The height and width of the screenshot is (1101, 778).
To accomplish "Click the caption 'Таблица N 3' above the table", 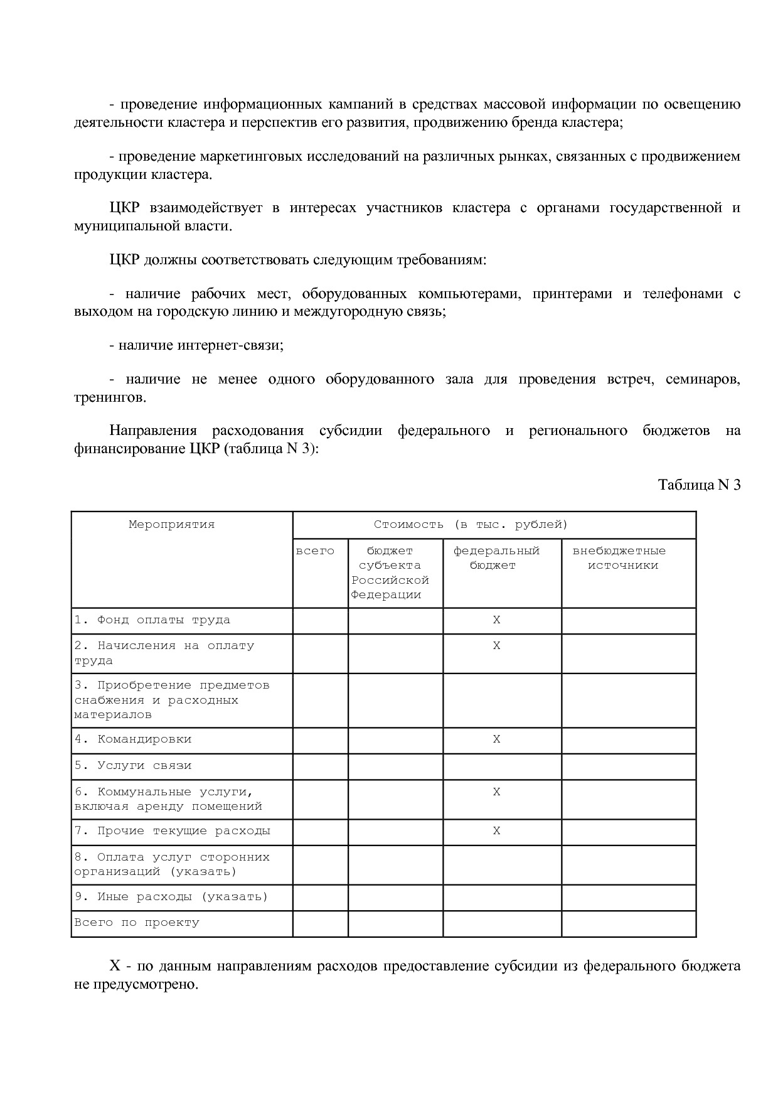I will tap(699, 485).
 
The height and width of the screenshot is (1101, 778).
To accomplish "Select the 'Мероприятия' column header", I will tap(171, 525).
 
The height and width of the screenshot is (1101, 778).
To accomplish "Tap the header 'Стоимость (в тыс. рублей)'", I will tap(471, 525).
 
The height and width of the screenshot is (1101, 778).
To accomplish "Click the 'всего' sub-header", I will tap(315, 551).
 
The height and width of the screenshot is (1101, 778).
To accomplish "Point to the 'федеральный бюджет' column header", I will tap(496, 558).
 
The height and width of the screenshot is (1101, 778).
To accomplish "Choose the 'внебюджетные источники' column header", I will tap(619, 558).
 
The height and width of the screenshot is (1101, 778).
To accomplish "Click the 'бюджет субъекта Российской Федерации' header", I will tap(390, 572).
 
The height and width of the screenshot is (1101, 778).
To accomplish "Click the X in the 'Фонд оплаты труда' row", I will tap(496, 620).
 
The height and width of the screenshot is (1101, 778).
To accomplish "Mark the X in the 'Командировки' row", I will tap(496, 739).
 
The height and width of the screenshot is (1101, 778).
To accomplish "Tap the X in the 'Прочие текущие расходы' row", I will tap(496, 831).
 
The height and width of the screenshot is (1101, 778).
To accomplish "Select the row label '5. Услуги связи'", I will tap(133, 766).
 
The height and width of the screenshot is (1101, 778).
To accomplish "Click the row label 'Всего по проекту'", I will tap(137, 923).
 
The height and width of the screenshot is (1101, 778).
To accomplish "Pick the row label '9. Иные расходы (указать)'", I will tap(171, 897).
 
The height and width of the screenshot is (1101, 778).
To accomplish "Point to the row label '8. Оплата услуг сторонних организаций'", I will tap(171, 864).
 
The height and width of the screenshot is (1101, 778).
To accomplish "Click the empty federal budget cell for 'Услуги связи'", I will tap(502, 766).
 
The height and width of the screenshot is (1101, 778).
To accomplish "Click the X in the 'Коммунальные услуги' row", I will tap(496, 792).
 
